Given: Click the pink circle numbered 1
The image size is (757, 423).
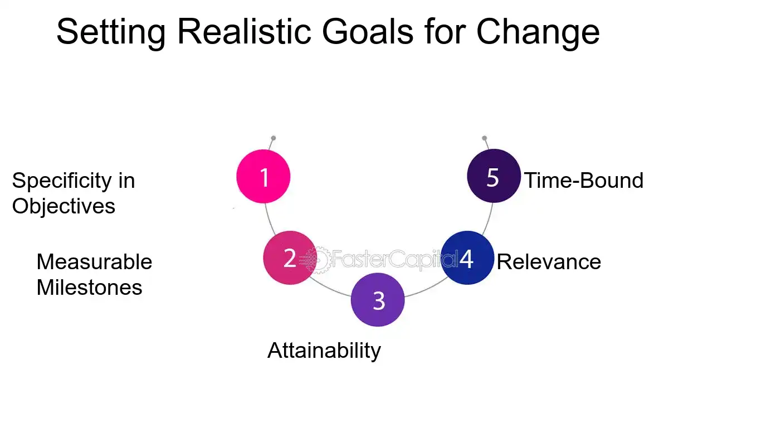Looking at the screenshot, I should (263, 177).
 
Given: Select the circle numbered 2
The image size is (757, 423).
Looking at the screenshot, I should (290, 258).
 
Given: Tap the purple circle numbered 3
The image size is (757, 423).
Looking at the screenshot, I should (378, 300).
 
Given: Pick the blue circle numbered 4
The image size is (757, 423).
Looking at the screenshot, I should (467, 258).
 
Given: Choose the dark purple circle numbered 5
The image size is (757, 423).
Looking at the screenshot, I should (493, 176).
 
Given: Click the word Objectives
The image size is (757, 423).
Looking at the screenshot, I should (64, 206).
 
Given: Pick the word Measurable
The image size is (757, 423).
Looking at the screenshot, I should (94, 261).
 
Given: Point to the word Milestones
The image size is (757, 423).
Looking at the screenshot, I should (89, 288).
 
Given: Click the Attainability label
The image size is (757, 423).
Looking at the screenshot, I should (324, 351).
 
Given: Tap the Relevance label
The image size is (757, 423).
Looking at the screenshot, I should (549, 261).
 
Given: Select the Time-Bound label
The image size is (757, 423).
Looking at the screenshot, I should (584, 181).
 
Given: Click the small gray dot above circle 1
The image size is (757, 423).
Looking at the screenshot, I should (274, 138).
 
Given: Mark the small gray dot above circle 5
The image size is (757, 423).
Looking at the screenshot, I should (485, 138).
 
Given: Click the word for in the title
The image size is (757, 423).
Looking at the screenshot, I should (444, 32).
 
